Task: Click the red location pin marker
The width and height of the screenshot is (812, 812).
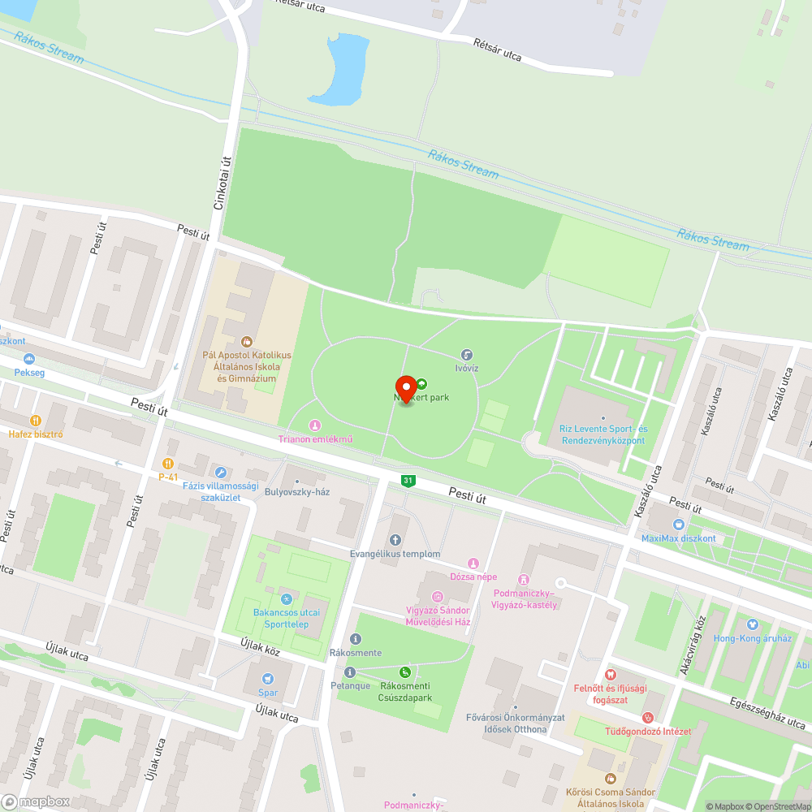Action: tap(406, 388)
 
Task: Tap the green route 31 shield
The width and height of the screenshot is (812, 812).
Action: tap(408, 482)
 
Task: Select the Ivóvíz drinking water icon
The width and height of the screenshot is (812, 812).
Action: tap(467, 355)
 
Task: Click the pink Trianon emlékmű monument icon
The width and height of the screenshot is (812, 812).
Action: tap(315, 425)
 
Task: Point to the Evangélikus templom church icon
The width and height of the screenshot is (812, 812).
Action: tap(395, 540)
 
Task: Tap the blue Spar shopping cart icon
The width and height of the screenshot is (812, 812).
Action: tap(268, 679)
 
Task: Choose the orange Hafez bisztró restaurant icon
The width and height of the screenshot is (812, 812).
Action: tap(35, 421)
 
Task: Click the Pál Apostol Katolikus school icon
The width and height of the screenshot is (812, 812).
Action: tap(247, 341)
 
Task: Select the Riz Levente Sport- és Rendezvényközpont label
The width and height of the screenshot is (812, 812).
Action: tap(603, 434)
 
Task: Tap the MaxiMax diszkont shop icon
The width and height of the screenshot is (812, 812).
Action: tap(678, 525)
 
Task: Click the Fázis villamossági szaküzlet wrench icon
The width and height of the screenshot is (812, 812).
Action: tap(220, 472)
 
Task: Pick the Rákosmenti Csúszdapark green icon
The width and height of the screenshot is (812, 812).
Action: tap(405, 672)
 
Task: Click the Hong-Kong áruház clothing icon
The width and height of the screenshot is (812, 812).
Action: tap(752, 624)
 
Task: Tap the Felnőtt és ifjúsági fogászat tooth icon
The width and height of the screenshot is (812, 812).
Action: tap(611, 675)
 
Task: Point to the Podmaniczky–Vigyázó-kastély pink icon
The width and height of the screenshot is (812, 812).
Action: tap(523, 580)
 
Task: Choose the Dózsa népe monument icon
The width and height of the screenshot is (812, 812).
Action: tap(473, 564)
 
